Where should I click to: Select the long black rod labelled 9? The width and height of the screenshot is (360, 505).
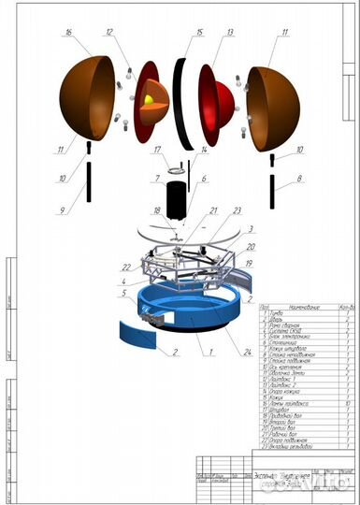88,180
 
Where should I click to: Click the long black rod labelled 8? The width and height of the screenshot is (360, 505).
273,191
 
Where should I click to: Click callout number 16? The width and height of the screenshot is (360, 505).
66,32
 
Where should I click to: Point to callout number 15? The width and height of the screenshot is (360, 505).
199,32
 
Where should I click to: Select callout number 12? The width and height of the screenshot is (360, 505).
110,32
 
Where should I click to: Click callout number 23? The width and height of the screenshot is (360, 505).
238,209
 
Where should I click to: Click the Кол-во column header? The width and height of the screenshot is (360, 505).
346,306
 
